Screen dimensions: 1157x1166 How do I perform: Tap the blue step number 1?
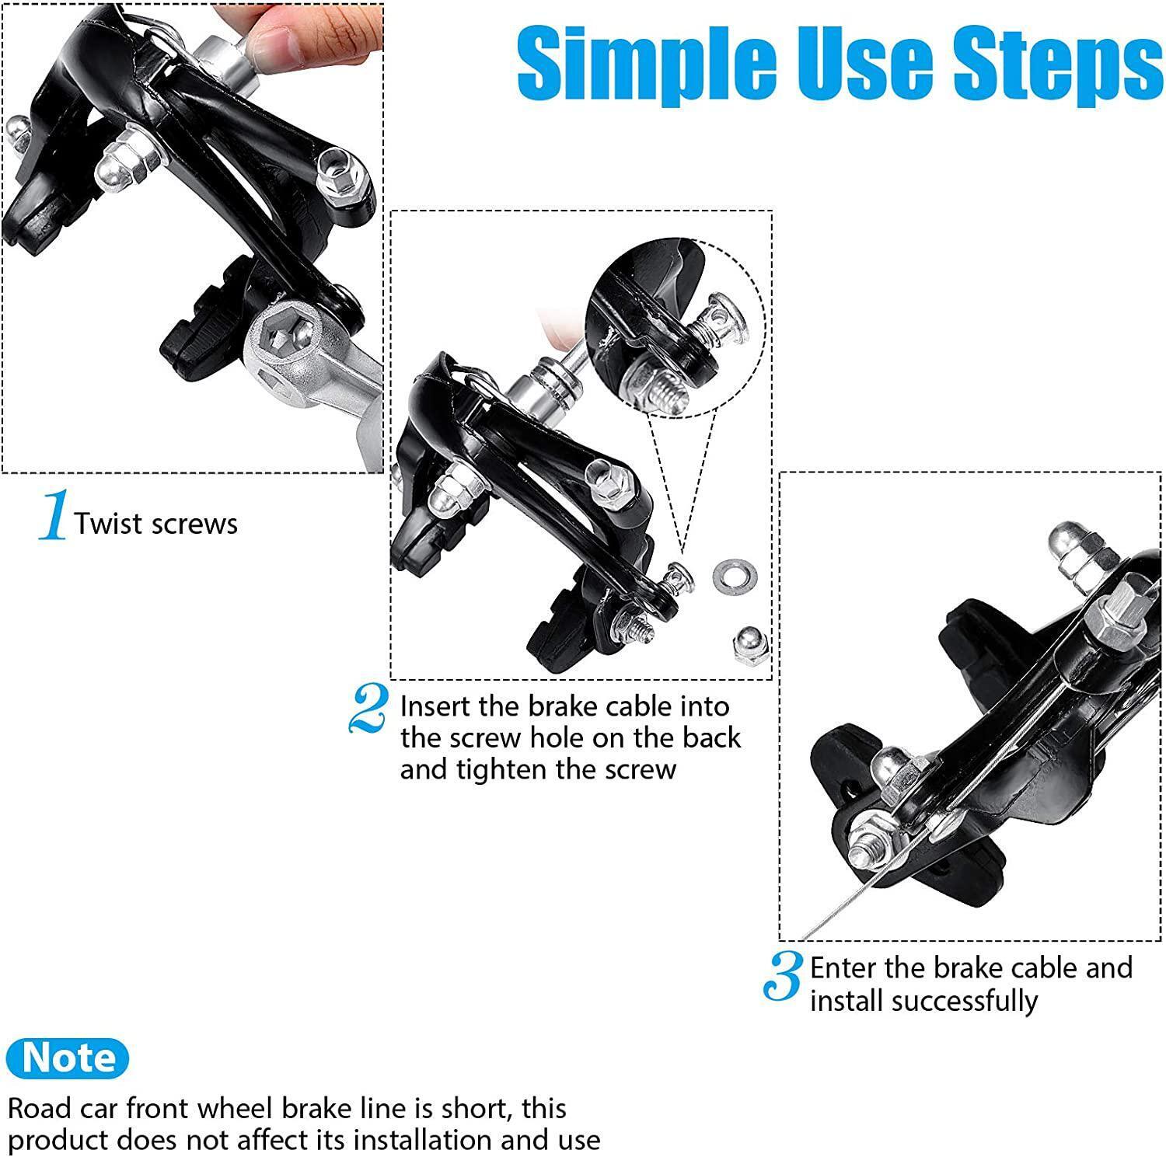[x=53, y=515]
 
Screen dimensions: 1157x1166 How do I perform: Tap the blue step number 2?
[x=368, y=708]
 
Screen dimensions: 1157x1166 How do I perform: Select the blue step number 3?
[x=783, y=977]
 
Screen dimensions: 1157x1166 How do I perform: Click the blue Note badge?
[x=68, y=1058]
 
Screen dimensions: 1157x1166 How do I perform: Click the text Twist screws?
[x=156, y=524]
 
